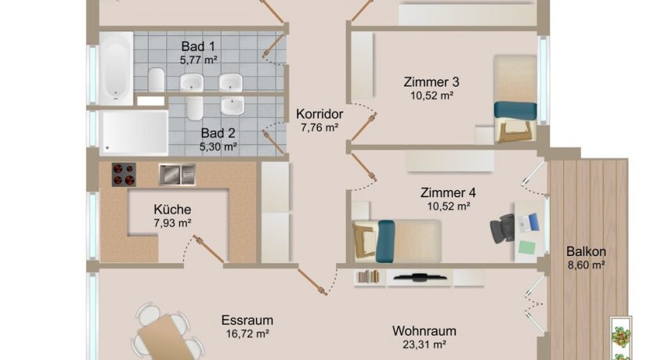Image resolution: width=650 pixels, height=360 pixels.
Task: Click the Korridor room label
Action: click(x=320, y=114)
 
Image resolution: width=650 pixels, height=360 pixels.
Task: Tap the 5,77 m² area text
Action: click(x=199, y=60)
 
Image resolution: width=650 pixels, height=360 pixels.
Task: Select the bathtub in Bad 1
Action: click(x=116, y=68)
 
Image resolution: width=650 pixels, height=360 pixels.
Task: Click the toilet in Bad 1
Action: click(x=157, y=80)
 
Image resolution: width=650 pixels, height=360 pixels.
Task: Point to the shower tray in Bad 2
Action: click(x=135, y=133)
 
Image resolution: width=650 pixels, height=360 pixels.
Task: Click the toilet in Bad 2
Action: click(x=195, y=108)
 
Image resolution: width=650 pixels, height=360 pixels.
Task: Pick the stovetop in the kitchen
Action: click(x=124, y=175)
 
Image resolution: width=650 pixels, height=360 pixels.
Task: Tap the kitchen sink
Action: click(x=177, y=175)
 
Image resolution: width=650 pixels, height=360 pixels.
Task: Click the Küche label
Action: click(x=172, y=210)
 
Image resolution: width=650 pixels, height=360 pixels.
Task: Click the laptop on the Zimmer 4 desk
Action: click(x=529, y=223)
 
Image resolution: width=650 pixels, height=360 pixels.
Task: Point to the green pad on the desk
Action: click(x=527, y=247)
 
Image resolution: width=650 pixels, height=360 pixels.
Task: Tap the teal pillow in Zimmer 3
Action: click(x=515, y=110)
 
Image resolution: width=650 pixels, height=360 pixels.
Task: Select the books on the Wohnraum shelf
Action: click(x=368, y=276)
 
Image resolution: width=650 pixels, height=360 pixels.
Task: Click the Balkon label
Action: click(x=586, y=251)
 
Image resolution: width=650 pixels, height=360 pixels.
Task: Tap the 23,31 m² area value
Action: click(x=424, y=344)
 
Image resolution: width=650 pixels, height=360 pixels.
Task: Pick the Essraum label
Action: click(x=247, y=320)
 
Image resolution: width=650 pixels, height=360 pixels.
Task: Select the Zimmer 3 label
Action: click(x=432, y=82)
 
